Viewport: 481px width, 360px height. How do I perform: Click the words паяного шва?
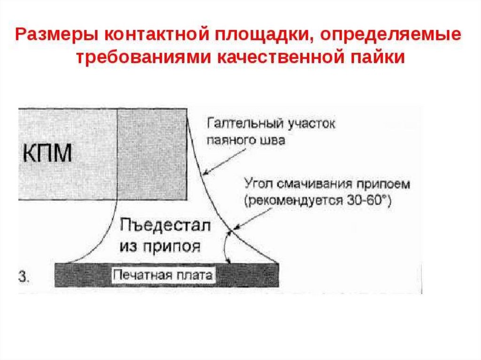(246, 140)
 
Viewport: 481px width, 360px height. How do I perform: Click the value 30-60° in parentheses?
(372, 200)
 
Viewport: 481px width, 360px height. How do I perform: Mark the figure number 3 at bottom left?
(23, 276)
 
